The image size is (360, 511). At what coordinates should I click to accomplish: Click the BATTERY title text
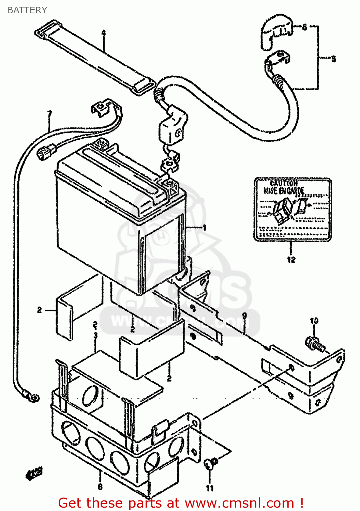pos(27,10)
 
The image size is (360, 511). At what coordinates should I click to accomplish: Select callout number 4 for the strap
pos(104,33)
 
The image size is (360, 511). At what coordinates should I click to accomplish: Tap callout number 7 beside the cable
pos(50,113)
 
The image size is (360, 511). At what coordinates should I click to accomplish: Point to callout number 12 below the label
pos(291,260)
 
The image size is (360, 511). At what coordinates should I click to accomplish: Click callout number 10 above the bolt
pos(314,321)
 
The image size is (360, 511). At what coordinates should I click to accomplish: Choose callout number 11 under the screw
pos(210,488)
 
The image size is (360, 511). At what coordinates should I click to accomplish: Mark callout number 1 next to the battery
pos(204,228)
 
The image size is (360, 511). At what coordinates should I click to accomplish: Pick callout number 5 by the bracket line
pos(333,59)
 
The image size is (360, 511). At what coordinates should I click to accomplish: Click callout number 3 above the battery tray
pos(95,335)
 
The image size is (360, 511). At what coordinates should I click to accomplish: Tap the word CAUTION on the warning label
pos(284,183)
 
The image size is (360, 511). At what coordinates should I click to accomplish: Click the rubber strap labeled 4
pos(95,58)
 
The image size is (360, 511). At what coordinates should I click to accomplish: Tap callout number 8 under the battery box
pos(100,487)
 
